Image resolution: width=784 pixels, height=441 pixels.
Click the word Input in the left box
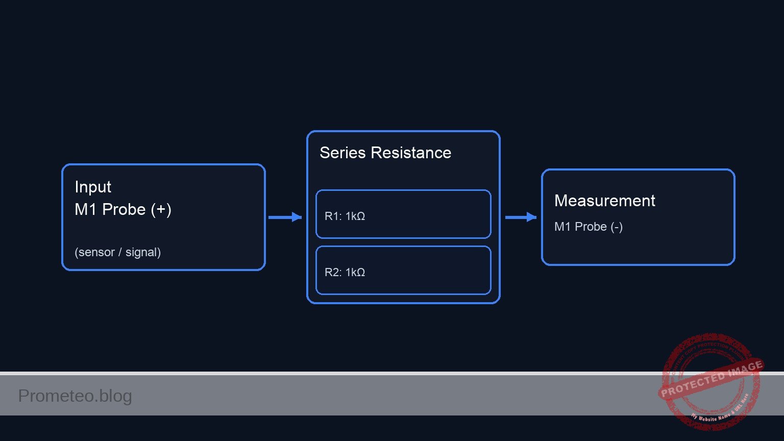(93, 187)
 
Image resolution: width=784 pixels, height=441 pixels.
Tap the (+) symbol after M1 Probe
(161, 209)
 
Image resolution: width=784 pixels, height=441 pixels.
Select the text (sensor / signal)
(117, 252)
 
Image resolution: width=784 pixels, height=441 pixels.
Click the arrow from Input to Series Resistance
(285, 217)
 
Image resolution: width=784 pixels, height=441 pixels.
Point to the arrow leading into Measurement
(521, 217)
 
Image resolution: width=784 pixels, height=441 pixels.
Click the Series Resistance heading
(385, 153)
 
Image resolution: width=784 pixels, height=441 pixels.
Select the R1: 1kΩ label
(345, 216)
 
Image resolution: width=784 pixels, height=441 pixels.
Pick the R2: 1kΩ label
(345, 273)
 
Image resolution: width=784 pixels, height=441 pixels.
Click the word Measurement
(604, 201)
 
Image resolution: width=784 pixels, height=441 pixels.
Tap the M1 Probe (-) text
(588, 227)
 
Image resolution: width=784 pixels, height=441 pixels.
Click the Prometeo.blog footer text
(75, 396)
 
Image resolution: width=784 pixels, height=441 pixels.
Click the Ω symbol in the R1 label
(360, 216)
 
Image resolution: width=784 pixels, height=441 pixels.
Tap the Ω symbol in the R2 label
(360, 273)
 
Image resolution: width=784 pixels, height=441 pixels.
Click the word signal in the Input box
(142, 252)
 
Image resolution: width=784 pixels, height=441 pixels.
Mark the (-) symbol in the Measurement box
(617, 227)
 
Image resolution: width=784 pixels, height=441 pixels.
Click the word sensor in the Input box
(94, 252)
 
